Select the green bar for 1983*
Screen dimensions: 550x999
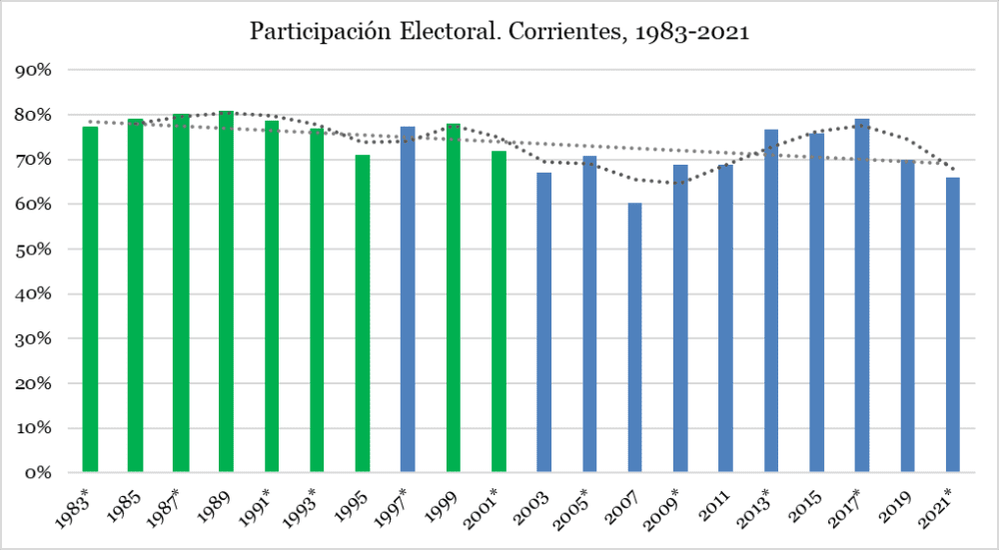[90, 299]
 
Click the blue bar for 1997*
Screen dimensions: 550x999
[408, 299]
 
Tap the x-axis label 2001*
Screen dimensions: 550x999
[489, 504]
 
